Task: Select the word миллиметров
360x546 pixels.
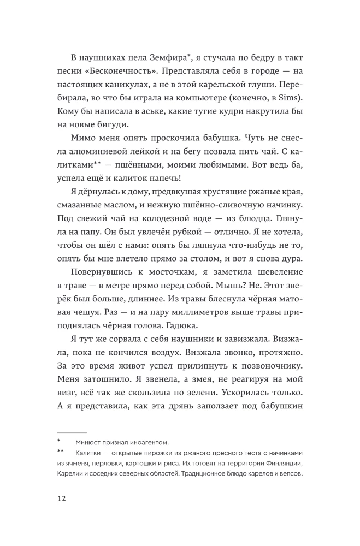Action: coord(186,310)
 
